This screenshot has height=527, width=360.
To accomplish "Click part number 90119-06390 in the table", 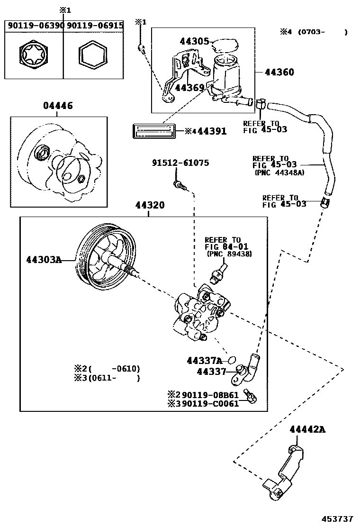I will click(x=34, y=25).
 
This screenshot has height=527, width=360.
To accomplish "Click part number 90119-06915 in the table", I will click(x=94, y=25).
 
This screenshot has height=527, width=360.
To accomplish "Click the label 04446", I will click(x=58, y=106).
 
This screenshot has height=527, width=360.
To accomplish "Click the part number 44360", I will click(x=279, y=73).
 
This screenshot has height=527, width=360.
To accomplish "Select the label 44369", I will click(x=189, y=88).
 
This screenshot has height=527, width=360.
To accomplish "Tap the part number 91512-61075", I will click(x=180, y=163).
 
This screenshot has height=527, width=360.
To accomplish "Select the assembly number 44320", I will click(x=150, y=206).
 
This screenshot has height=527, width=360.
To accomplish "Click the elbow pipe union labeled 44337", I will click(x=246, y=367).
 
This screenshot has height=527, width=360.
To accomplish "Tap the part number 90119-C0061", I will click(x=210, y=404).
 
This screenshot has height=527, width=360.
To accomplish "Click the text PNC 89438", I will click(x=229, y=254).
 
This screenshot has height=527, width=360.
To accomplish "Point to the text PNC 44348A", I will click(x=279, y=173).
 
